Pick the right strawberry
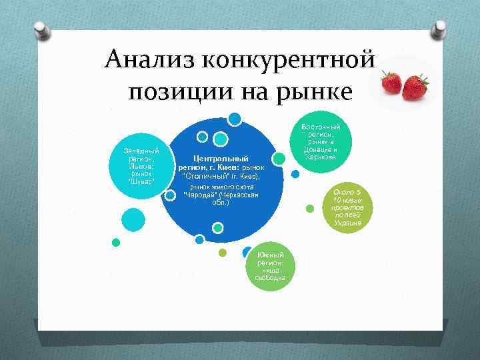415,87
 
